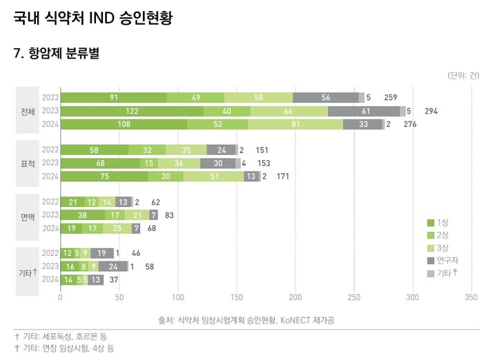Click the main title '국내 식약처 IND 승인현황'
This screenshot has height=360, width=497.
click(92, 19)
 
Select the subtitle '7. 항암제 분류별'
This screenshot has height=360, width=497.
click(57, 54)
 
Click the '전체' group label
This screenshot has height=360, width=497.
click(28, 111)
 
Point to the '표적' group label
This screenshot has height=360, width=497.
click(28, 163)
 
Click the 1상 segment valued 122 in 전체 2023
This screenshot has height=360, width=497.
click(132, 111)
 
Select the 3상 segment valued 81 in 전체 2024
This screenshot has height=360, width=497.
click(295, 124)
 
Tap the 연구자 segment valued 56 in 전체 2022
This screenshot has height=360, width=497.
click(325, 98)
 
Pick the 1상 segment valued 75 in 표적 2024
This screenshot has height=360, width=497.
click(104, 177)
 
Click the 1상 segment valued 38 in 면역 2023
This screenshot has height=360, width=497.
click(83, 215)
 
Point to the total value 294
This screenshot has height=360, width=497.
click(431, 111)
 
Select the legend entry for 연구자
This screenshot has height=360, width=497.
click(443, 260)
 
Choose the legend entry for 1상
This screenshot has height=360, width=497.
click(439, 223)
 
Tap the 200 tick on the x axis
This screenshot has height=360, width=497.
click(295, 298)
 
